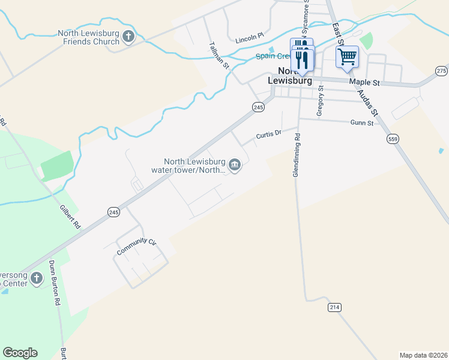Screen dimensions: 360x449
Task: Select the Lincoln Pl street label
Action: (x=250, y=38)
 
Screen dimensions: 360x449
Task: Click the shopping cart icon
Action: (x=347, y=57)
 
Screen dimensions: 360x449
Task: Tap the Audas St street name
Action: (x=367, y=102)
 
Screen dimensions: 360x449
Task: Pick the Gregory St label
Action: (x=320, y=100)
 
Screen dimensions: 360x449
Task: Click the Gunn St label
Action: (x=362, y=122)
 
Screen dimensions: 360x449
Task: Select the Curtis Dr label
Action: (x=268, y=136)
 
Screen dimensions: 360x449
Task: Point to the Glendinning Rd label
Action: (x=296, y=155)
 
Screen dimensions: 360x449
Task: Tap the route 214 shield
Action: (x=335, y=307)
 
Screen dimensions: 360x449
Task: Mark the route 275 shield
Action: (x=442, y=70)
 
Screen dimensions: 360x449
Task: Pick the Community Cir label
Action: (x=136, y=246)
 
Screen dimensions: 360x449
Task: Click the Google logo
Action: (x=20, y=353)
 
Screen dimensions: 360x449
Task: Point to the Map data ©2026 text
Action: (x=423, y=355)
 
